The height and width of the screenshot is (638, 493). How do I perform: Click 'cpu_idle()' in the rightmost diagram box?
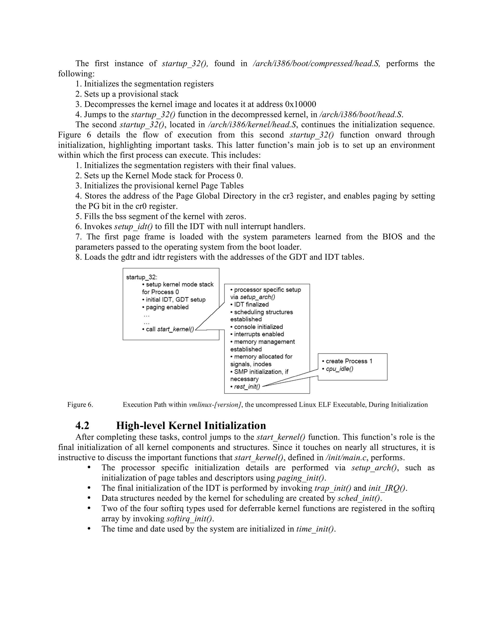tap(339, 369)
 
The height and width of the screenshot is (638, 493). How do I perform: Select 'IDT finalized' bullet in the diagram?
tap(251, 304)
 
